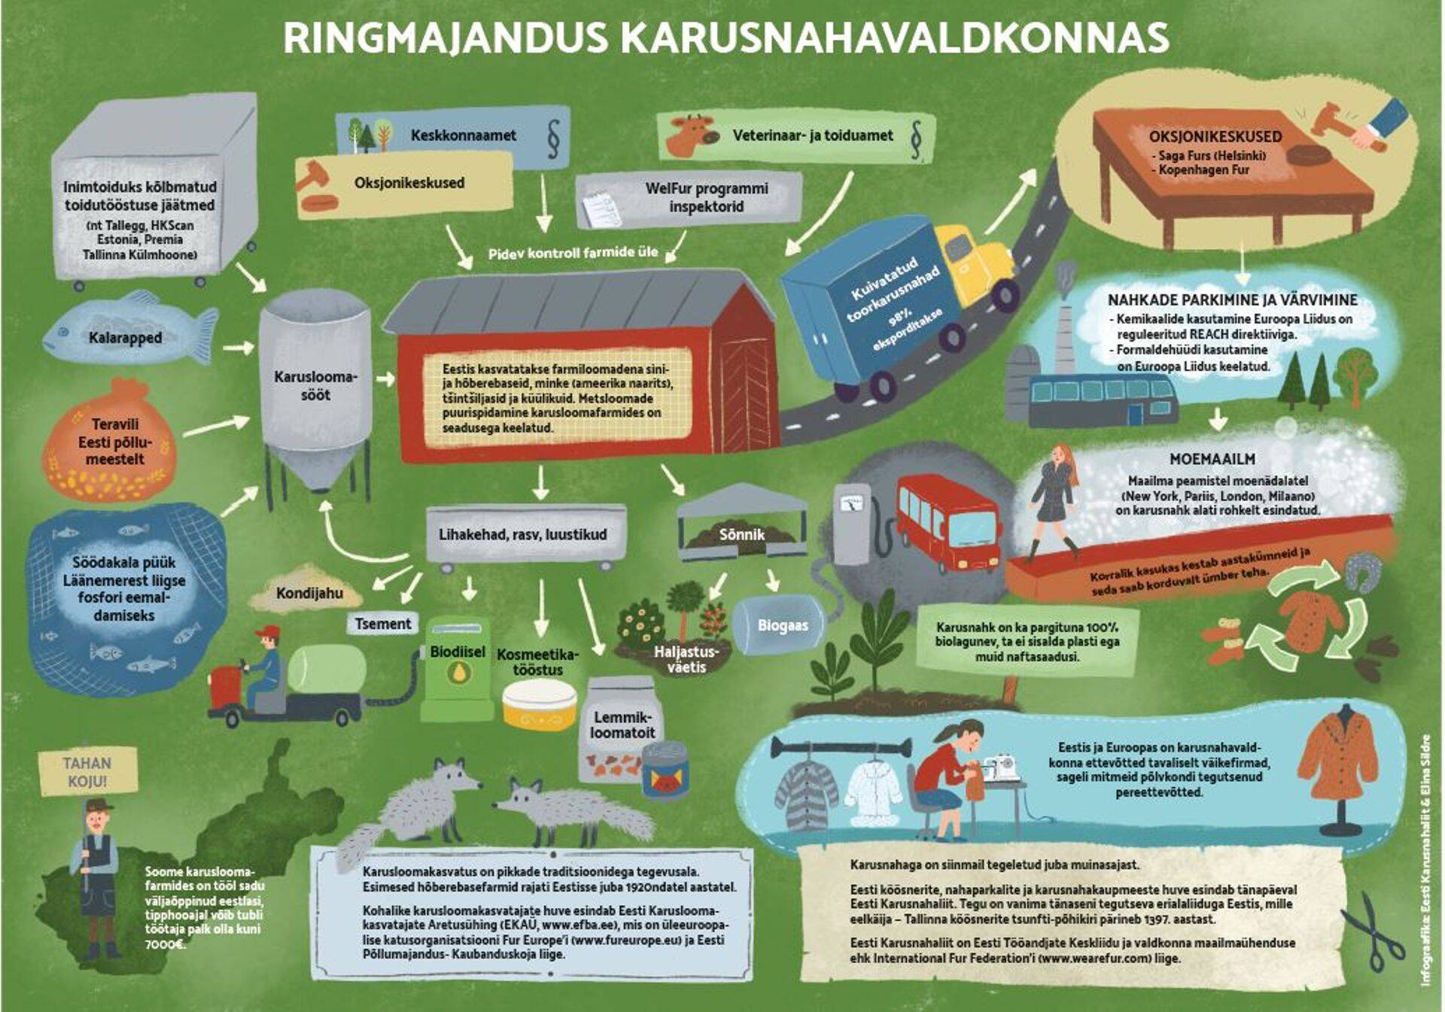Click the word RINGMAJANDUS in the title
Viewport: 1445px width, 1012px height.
(x=445, y=38)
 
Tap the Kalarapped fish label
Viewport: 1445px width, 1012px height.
(x=125, y=338)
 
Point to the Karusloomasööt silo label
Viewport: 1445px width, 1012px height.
(x=315, y=385)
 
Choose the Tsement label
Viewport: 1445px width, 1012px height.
(x=382, y=624)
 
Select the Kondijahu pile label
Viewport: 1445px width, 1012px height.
(x=309, y=593)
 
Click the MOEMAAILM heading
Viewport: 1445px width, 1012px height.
(x=1212, y=459)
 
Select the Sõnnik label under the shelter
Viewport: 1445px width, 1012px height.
(x=741, y=534)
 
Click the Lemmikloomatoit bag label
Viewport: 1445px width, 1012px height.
(x=622, y=725)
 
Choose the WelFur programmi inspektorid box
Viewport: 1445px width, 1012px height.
(x=706, y=197)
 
